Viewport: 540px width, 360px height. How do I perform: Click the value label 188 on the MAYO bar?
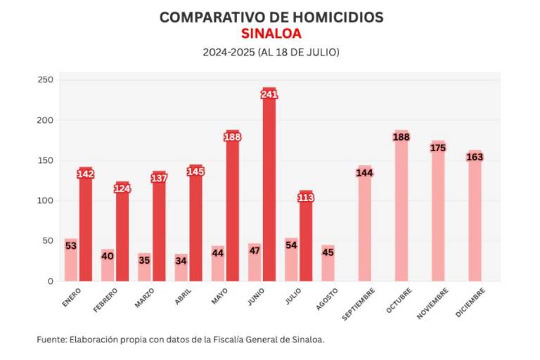click(x=233, y=137)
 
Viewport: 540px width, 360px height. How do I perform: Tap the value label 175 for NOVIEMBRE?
click(x=438, y=148)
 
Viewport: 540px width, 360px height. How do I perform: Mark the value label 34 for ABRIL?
click(x=181, y=261)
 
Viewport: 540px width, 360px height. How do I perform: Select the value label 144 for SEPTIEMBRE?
click(x=364, y=173)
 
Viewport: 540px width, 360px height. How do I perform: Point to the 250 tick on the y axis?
click(x=45, y=80)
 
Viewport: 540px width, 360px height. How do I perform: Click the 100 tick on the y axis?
click(x=45, y=200)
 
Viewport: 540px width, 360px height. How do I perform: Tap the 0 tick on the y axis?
click(x=50, y=281)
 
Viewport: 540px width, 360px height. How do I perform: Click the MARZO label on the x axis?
click(x=145, y=297)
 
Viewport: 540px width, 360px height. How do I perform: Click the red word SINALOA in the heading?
click(x=271, y=34)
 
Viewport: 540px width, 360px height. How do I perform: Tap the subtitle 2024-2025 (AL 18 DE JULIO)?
click(x=271, y=52)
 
